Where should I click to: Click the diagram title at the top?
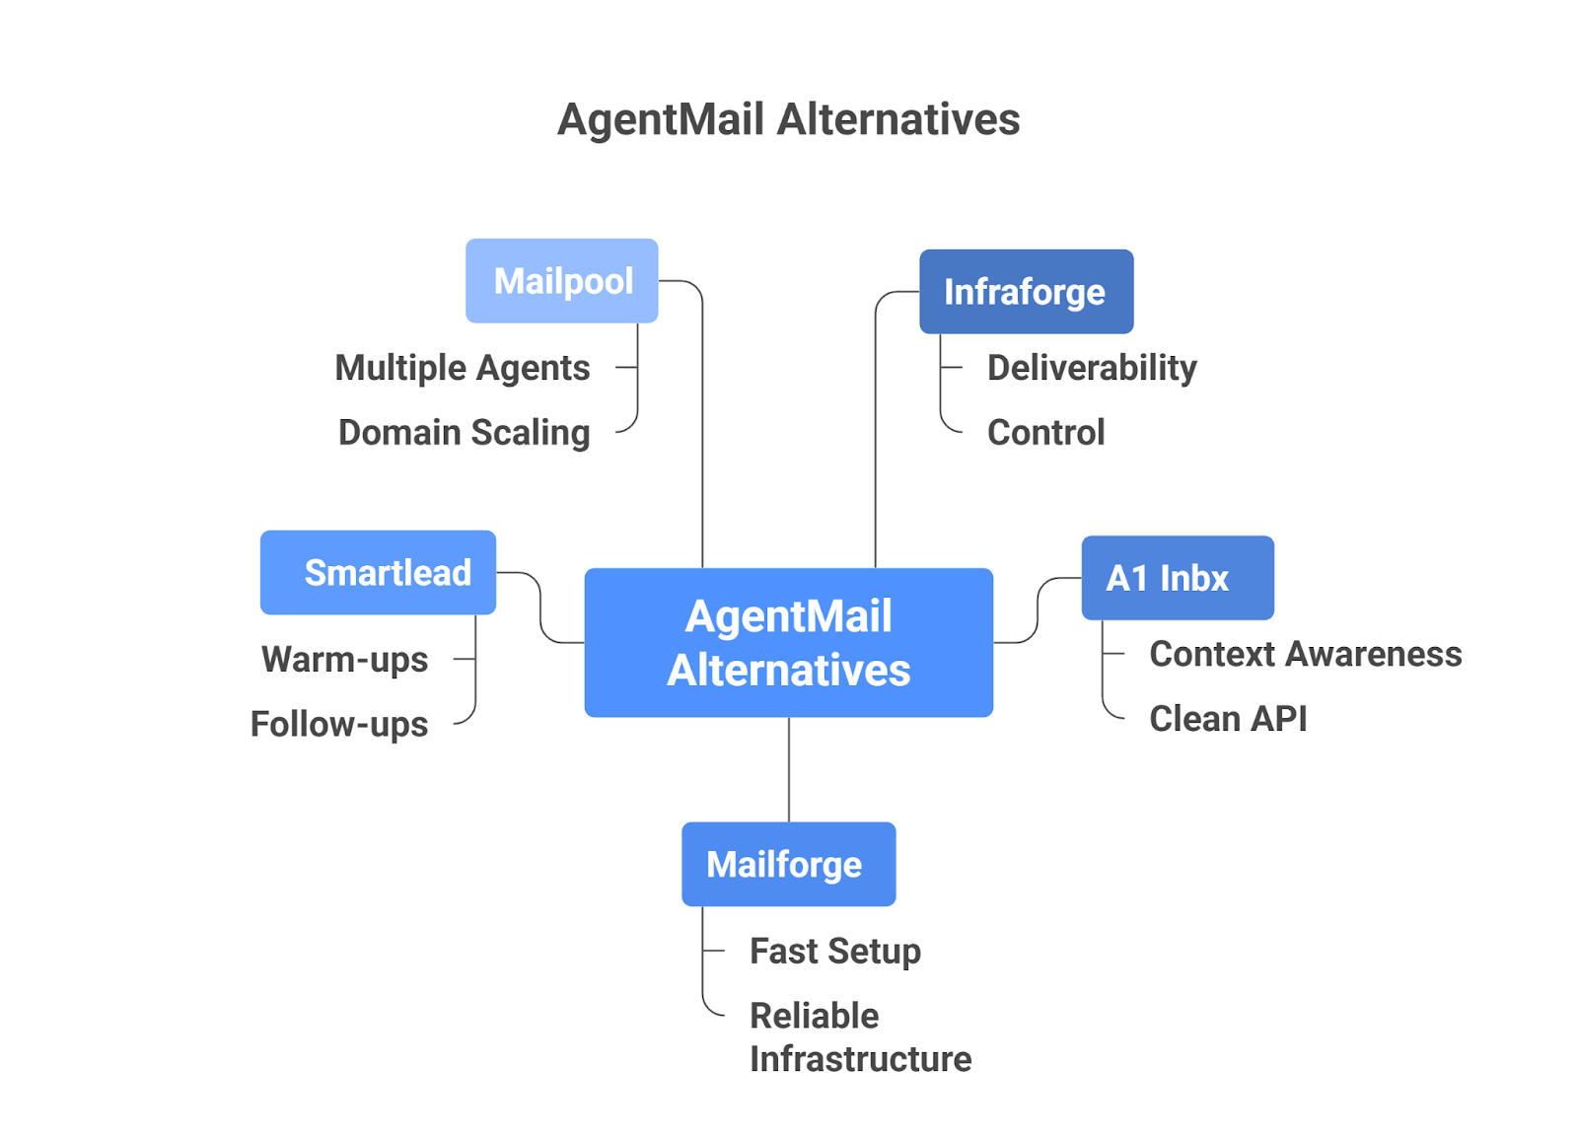788,119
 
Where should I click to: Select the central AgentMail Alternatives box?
788,642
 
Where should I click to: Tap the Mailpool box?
561,281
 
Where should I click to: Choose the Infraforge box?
1026,292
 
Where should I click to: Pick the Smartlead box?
378,573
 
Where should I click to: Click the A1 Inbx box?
1177,578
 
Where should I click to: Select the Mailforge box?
788,864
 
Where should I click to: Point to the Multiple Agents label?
462,368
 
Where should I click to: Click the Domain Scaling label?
464,432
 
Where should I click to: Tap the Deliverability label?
1092,368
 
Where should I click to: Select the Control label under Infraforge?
1045,432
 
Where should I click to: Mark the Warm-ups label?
344,659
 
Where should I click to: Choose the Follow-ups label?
338,724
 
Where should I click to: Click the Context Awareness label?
1305,654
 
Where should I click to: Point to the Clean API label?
1228,719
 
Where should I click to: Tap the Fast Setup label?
834,951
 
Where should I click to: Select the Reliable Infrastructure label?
860,1036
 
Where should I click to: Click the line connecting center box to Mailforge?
789,769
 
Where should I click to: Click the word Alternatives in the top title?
898,119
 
